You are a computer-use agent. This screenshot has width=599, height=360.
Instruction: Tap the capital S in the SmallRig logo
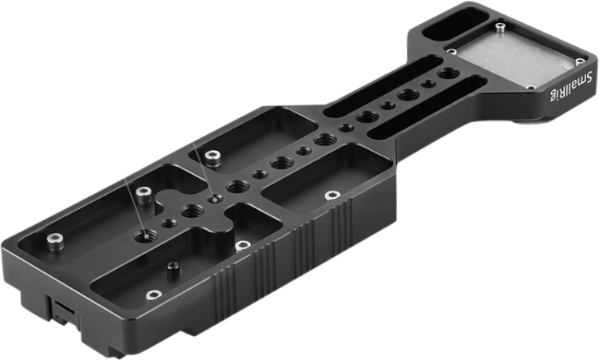589,77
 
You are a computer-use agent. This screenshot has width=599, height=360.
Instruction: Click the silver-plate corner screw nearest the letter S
580,61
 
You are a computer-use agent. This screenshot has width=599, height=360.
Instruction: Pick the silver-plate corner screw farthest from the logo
452,51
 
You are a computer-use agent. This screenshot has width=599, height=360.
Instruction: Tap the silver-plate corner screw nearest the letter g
531,88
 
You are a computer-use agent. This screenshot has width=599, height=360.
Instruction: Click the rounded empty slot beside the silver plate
456,24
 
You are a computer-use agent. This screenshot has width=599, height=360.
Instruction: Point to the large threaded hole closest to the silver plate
447,73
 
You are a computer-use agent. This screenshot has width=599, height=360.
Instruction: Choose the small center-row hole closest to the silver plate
428,83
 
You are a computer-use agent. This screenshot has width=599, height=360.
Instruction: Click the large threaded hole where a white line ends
145,236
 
